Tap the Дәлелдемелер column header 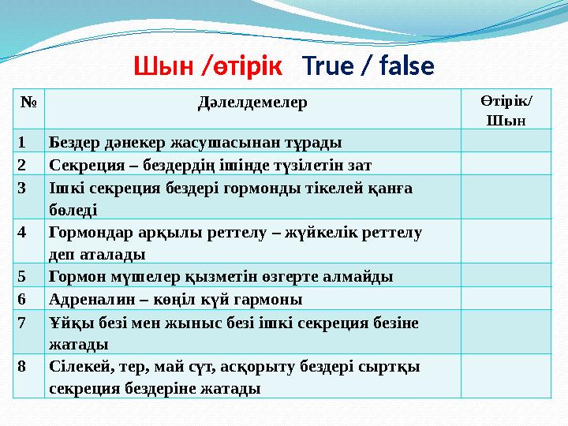coord(252,103)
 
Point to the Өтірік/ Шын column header coord(506,110)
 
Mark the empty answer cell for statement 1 coord(506,142)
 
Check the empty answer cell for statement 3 coord(506,197)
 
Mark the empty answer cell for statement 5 coord(506,276)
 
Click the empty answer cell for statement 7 coord(506,332)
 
